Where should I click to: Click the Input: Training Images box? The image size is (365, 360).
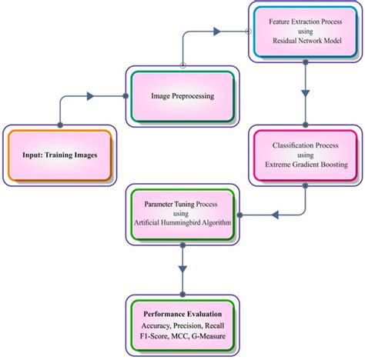click(x=59, y=155)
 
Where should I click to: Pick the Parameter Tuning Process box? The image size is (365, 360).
click(x=180, y=212)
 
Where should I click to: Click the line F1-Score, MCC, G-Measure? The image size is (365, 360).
click(x=182, y=335)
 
